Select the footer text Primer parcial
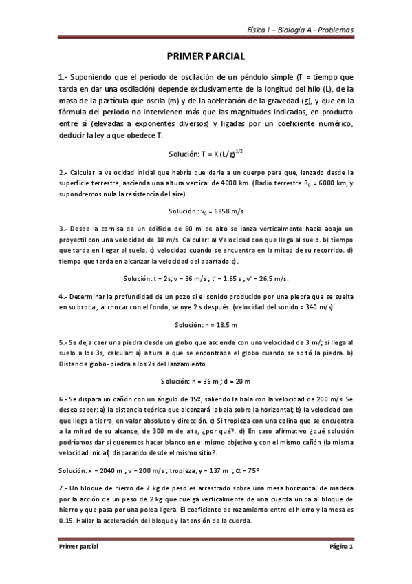click(x=78, y=546)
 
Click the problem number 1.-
click(x=65, y=78)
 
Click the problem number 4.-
click(x=63, y=296)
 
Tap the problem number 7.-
click(x=63, y=487)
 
